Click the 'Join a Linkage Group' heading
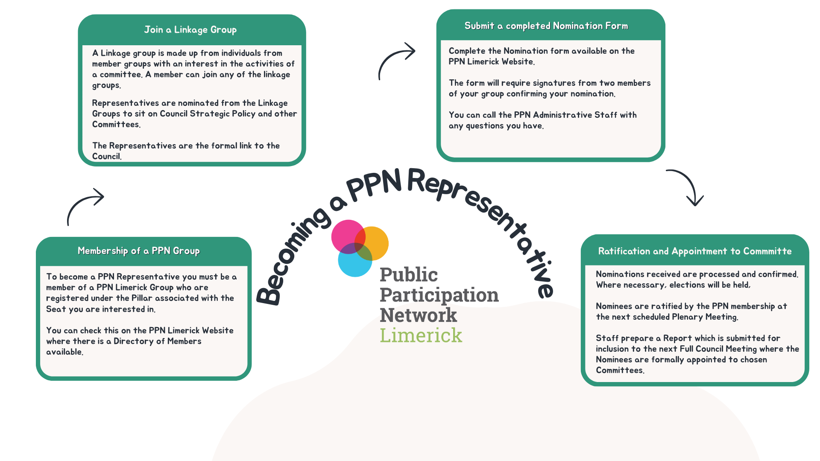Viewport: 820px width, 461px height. (190, 30)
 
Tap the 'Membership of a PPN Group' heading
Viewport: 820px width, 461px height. (138, 251)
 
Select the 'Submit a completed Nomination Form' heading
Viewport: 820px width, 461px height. (546, 26)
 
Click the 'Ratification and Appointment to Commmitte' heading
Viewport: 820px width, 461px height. (694, 251)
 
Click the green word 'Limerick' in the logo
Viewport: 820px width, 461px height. (421, 336)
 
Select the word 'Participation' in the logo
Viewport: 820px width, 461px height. (439, 295)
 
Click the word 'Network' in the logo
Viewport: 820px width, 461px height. (418, 315)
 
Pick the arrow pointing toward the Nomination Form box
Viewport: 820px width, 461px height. (396, 60)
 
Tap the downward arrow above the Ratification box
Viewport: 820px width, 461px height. (688, 187)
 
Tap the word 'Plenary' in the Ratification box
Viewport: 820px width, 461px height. (687, 317)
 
